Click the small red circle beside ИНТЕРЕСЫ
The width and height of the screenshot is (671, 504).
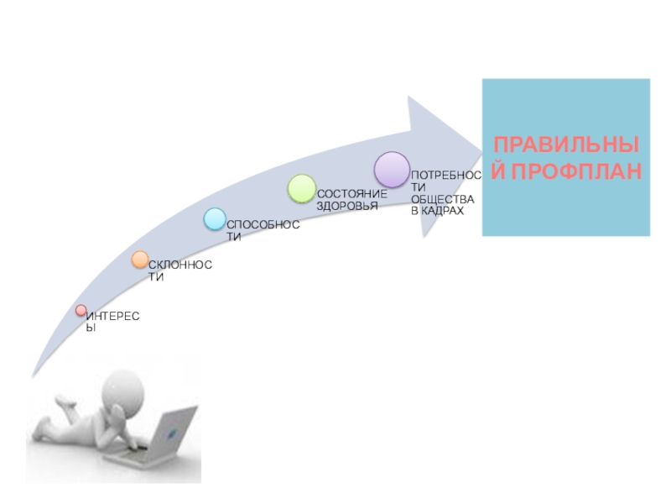coord(81,311)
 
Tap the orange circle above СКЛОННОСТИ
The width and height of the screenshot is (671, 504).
coord(140,260)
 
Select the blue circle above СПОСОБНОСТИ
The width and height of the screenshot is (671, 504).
coord(215,220)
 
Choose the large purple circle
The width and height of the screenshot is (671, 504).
coord(391,169)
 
